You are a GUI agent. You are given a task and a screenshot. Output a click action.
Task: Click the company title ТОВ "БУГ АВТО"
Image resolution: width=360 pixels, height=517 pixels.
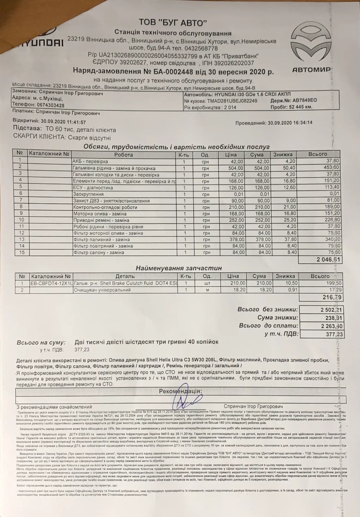[x=173, y=23]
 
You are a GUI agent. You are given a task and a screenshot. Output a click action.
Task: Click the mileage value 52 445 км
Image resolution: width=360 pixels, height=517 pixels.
[x=299, y=107]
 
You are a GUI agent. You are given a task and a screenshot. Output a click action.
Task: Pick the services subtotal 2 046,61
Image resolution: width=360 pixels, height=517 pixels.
[x=328, y=260]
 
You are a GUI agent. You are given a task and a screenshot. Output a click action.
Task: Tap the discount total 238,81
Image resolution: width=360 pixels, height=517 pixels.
[x=334, y=318]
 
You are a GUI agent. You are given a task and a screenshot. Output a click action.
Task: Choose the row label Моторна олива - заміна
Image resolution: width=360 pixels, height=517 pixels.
[x=100, y=214]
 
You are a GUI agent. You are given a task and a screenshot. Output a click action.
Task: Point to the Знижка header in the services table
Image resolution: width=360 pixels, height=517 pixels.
[x=283, y=155]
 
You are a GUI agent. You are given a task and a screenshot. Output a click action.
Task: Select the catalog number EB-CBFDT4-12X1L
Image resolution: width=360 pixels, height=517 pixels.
[x=51, y=284]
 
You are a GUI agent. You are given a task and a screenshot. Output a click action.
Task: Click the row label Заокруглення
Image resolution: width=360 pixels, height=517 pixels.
[x=88, y=194]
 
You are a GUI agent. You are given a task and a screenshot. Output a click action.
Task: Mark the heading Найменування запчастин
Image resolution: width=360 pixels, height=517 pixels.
[x=179, y=268]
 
